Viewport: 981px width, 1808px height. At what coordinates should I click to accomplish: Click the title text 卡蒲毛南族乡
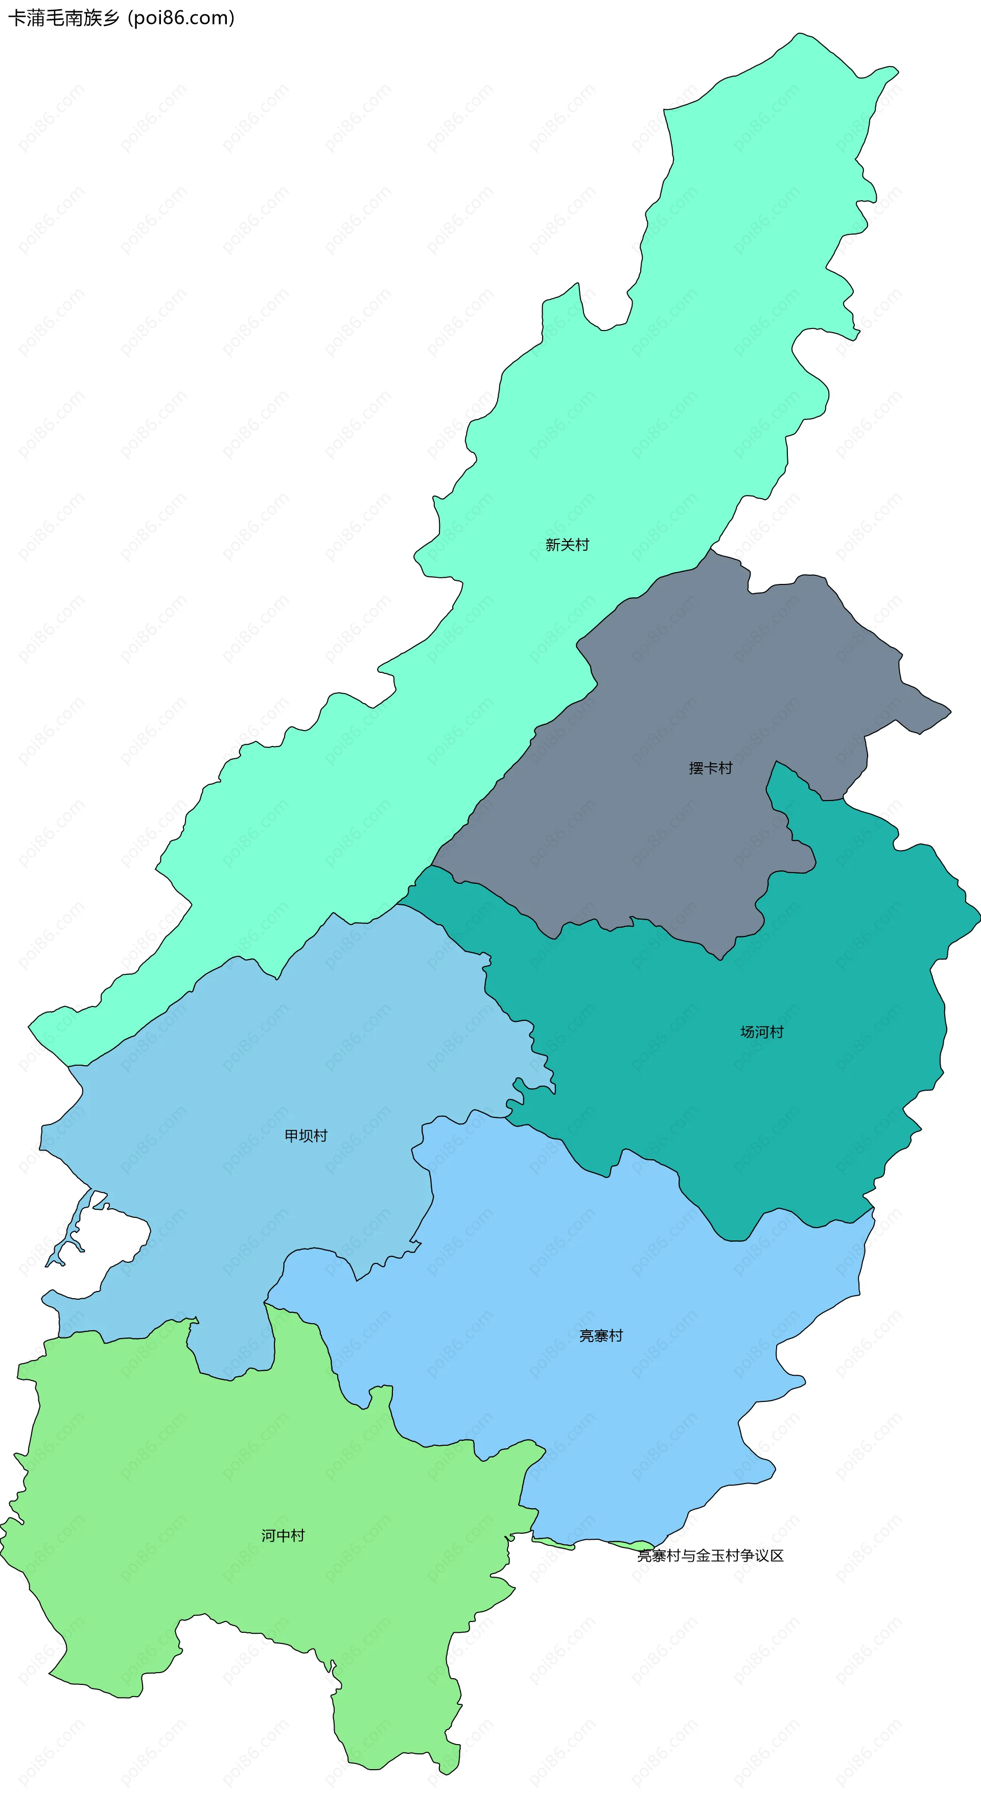(64, 18)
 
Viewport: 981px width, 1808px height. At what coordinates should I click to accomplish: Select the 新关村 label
(567, 545)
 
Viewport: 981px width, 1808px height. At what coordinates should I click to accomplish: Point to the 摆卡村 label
(710, 768)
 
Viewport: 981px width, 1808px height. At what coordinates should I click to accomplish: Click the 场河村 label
(761, 1032)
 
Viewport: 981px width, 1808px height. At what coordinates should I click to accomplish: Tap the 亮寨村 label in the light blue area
(601, 1335)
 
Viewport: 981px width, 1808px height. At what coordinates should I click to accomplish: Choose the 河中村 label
(283, 1536)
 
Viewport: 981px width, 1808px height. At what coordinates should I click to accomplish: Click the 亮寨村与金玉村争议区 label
(710, 1555)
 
